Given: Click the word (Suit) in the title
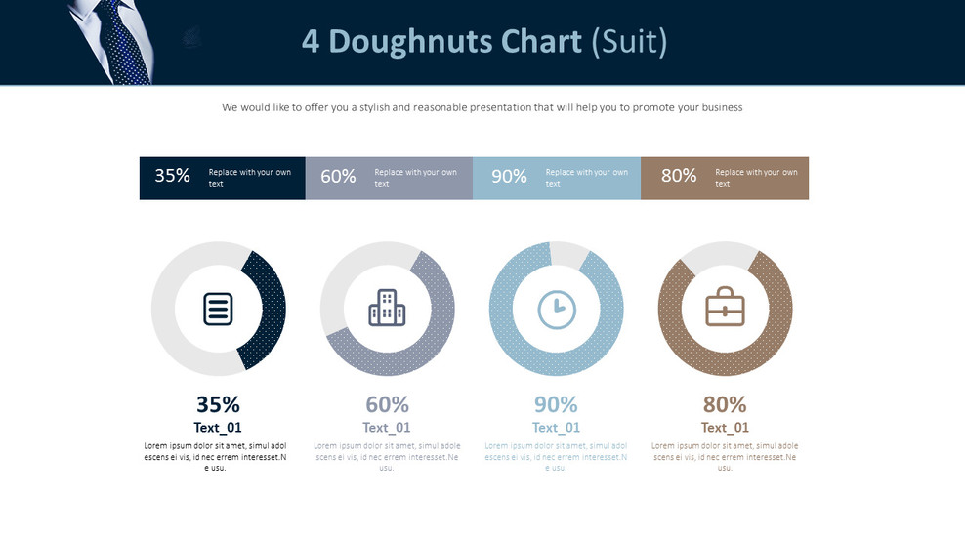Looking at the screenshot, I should click(x=630, y=41).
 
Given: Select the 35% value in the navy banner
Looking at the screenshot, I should click(x=172, y=176).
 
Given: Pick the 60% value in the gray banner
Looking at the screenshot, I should click(x=338, y=177).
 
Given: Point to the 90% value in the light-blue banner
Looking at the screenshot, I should click(x=509, y=177).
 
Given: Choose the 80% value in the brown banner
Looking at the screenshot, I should click(x=679, y=176).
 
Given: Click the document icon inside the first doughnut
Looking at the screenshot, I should click(x=218, y=309).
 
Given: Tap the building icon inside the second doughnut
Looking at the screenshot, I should click(x=387, y=309).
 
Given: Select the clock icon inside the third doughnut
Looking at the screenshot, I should click(x=557, y=309).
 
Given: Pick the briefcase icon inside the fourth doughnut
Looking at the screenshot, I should click(x=725, y=309).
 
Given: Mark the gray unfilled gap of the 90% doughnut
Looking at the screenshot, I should click(x=569, y=254).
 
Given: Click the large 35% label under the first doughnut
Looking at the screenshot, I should click(x=218, y=404).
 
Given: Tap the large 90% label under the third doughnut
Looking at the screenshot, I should click(x=556, y=404).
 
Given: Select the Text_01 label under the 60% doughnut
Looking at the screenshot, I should click(x=387, y=428).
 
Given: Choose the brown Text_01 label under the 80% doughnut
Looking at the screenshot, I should click(x=725, y=428).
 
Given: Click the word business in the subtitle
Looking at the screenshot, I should click(x=718, y=107).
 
